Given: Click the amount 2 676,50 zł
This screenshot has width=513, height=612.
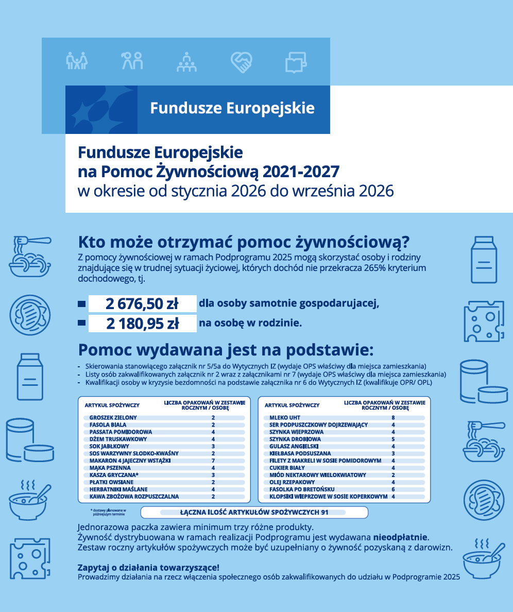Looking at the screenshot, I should click(x=142, y=303).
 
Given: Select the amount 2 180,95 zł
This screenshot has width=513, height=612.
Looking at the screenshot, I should click(x=142, y=324).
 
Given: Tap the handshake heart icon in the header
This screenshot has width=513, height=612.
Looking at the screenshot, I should click(x=241, y=62).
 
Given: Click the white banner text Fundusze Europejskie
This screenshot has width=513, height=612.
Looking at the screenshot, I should click(x=232, y=108).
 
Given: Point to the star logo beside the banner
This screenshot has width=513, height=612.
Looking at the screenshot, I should click(x=101, y=110).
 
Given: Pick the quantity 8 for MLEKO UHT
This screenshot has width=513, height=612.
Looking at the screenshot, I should click(x=393, y=417).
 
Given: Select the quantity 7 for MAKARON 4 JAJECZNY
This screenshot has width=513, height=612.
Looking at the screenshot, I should click(x=213, y=461).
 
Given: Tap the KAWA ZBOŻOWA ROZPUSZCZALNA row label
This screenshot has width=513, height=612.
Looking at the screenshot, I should click(x=134, y=497).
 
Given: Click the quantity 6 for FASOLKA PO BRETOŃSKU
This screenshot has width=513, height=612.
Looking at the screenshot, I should click(x=393, y=489).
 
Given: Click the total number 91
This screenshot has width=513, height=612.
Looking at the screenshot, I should click(x=324, y=513).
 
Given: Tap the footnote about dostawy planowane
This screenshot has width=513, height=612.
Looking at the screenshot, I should click(x=108, y=512).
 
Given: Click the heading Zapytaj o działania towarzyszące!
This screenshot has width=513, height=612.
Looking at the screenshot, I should click(x=148, y=567).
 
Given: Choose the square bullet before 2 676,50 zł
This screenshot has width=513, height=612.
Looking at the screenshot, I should click(x=81, y=304).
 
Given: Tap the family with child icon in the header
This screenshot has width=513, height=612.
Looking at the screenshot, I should click(x=77, y=61).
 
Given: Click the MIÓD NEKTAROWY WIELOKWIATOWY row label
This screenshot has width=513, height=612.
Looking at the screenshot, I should click(x=318, y=475).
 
